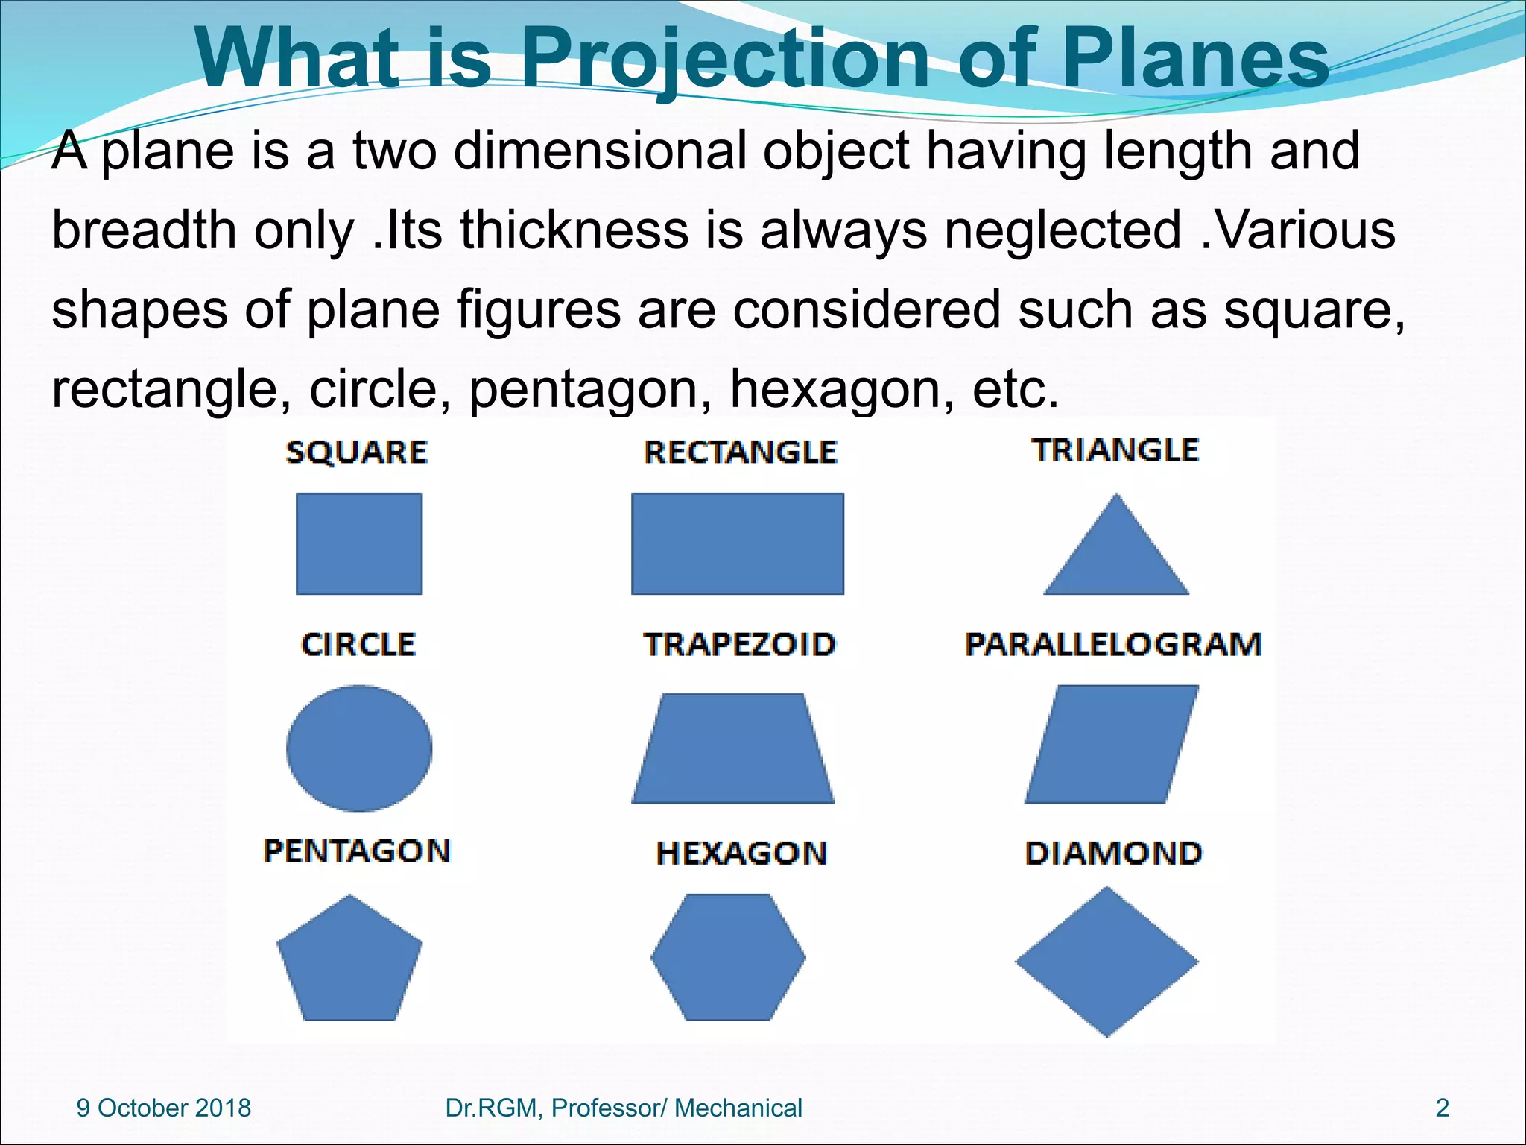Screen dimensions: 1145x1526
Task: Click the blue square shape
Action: tap(359, 543)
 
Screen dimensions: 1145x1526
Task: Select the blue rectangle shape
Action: tap(738, 543)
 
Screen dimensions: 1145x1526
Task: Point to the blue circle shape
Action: tap(359, 748)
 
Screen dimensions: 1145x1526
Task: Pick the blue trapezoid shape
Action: tap(733, 749)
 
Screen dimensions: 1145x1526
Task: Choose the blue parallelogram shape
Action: tap(1112, 744)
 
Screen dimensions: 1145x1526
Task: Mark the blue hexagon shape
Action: tap(728, 957)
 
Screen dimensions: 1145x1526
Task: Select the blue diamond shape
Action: tap(1107, 962)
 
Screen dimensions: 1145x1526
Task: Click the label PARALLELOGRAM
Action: tap(1113, 645)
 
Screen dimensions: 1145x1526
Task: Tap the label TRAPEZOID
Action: tap(739, 645)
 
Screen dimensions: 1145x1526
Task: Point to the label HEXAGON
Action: tap(741, 854)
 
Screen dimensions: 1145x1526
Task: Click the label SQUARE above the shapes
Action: tap(357, 452)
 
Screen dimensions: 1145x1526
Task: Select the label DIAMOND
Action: tap(1113, 854)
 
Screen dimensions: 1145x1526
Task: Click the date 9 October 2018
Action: tap(164, 1108)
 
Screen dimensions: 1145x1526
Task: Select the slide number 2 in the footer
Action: tap(1443, 1108)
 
